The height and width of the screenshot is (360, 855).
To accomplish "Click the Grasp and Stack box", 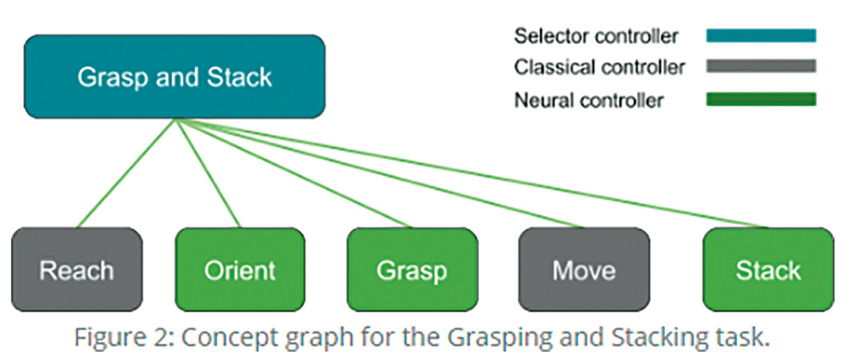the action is tap(174, 77).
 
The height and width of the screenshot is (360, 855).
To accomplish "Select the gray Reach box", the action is tap(77, 269).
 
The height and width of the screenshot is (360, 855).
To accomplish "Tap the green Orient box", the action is tap(239, 269).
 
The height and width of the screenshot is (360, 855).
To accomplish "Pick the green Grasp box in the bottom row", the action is tap(412, 269).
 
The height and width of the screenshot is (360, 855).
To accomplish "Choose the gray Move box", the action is tap(584, 269).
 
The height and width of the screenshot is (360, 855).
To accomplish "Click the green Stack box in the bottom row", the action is tap(768, 269).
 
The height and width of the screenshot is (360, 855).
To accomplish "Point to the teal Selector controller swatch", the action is tap(761, 36).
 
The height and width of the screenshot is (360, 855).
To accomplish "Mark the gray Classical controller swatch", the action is tap(761, 67).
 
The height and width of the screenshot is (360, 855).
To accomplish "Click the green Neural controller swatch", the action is tap(761, 100).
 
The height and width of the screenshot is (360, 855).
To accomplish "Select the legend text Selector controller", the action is tap(596, 36).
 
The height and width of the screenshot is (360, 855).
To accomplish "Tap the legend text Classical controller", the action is tap(599, 67).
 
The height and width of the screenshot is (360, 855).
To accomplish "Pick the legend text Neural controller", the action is tap(589, 100).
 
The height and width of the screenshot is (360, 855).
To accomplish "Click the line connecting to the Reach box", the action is tap(126, 173).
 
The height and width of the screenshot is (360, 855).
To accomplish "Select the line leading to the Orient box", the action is tap(208, 173).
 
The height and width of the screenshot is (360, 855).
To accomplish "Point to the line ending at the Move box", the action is tap(379, 173).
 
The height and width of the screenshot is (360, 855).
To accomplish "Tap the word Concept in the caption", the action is tap(221, 339).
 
